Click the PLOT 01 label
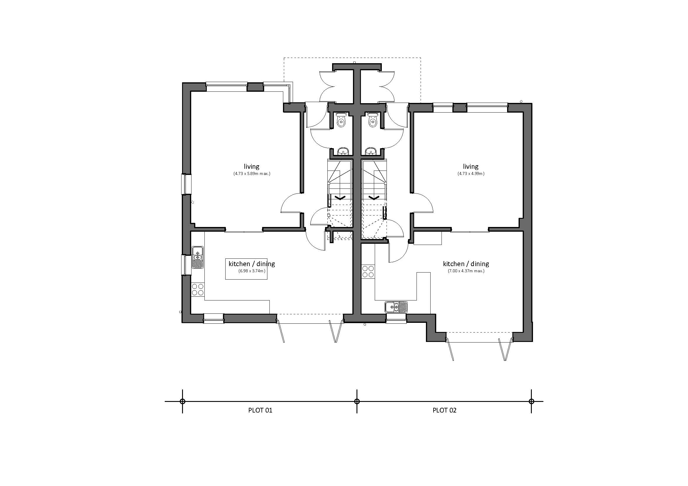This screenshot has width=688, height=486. (260, 410)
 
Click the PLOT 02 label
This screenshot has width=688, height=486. (444, 410)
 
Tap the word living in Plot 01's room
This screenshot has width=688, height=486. (251, 166)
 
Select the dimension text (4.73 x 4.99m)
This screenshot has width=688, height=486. (471, 174)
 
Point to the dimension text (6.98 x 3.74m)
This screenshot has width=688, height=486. (252, 271)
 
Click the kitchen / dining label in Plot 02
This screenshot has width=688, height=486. (466, 264)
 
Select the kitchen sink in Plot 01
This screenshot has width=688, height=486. (197, 258)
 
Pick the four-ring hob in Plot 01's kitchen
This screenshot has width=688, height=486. (197, 289)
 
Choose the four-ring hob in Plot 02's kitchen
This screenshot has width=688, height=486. (368, 271)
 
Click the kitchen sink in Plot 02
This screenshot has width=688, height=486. (397, 307)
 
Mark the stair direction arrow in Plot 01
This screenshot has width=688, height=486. (340, 198)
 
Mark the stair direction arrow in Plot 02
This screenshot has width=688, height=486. (373, 198)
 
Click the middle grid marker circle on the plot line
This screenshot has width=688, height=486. (357, 401)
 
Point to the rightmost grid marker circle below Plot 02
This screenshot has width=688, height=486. (531, 401)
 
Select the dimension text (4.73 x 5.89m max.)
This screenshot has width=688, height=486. (252, 174)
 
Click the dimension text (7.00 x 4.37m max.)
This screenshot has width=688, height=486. (466, 271)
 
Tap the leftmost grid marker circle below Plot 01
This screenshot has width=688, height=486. (182, 401)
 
